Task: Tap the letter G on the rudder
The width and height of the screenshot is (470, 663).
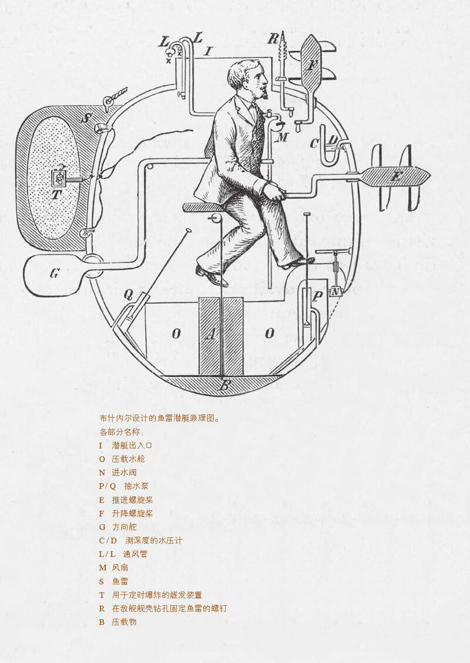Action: (x=54, y=273)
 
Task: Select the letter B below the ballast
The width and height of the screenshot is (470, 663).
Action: (x=224, y=387)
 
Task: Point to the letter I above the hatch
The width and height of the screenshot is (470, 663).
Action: (x=207, y=52)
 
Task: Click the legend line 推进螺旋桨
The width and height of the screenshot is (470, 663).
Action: (x=132, y=500)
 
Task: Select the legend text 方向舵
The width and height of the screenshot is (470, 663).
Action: (x=123, y=527)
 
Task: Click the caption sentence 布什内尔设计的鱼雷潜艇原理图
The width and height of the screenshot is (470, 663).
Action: (x=159, y=419)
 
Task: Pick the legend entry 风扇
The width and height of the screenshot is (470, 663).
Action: (x=120, y=568)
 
